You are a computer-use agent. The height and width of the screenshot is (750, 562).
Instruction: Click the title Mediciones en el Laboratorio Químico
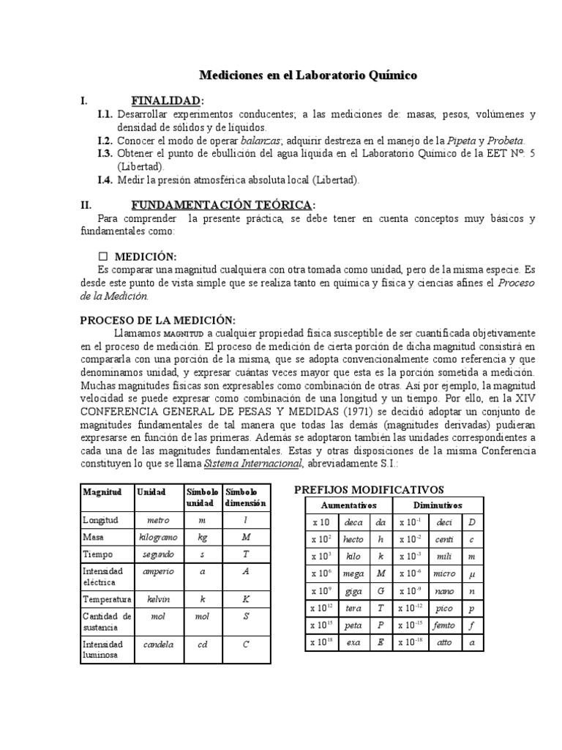[308, 75]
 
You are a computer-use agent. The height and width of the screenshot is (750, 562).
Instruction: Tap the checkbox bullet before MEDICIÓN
[102, 256]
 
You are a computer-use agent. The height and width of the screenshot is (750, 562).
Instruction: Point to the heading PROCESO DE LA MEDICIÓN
[157, 320]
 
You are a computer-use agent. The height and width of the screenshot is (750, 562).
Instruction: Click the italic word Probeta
[504, 141]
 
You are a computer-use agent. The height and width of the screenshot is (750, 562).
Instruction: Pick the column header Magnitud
[102, 492]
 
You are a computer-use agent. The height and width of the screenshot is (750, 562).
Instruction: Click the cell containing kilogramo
[158, 538]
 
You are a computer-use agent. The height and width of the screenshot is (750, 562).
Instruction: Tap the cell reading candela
[158, 645]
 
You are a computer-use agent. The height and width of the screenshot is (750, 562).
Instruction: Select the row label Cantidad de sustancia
[106, 622]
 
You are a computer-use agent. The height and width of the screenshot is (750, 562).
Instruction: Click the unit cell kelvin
[158, 599]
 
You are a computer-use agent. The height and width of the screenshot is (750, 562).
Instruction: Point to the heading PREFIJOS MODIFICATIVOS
[369, 489]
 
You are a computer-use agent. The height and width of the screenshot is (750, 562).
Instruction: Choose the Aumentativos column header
[348, 505]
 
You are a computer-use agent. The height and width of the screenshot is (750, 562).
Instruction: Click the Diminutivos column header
[438, 505]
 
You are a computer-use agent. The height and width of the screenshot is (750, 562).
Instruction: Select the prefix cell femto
[444, 625]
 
